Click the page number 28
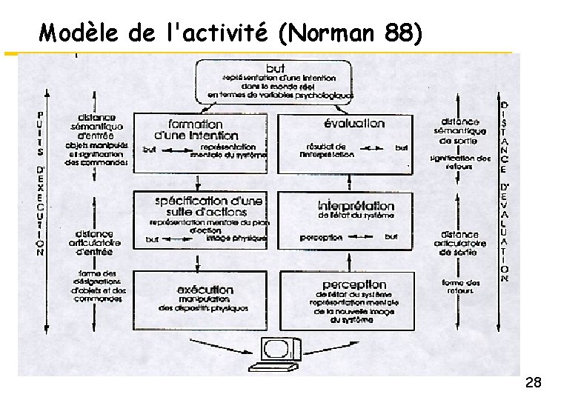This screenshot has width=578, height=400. tap(533, 383)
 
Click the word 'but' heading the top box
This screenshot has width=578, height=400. tap(274, 69)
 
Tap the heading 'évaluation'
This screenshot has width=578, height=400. tap(354, 123)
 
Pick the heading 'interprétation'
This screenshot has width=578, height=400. tap(356, 205)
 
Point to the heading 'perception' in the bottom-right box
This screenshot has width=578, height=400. tap(354, 284)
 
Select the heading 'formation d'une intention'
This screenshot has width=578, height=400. tap(195, 130)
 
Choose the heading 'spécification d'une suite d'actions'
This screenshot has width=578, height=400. tap(208, 206)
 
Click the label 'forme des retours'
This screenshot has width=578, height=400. tap(461, 287)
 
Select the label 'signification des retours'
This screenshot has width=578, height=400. tap(460, 162)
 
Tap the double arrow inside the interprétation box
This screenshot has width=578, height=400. tap(363, 237)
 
